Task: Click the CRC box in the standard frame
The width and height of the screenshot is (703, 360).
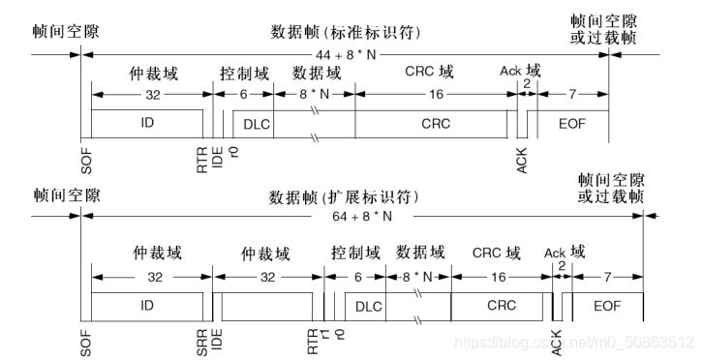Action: (x=435, y=125)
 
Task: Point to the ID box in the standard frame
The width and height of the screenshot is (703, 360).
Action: (x=146, y=125)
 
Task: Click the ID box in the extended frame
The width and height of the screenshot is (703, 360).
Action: (x=146, y=306)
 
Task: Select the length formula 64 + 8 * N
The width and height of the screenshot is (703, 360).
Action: (x=359, y=219)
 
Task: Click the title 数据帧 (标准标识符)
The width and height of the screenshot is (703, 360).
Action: (x=344, y=31)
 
